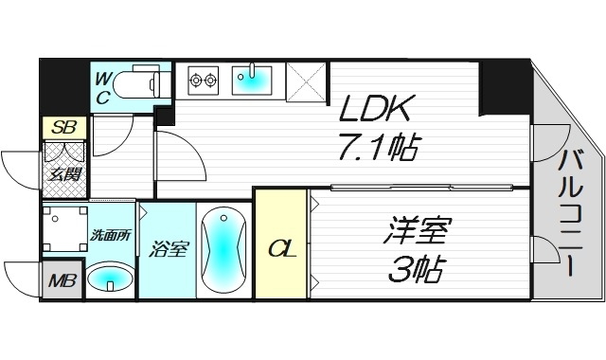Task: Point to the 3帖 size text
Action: pyautogui.click(x=417, y=269)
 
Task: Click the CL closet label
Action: pyautogui.click(x=281, y=249)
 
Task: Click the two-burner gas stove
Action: pyautogui.click(x=204, y=81)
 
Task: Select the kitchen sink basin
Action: pyautogui.click(x=253, y=81)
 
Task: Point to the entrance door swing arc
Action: pyautogui.click(x=17, y=171)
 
